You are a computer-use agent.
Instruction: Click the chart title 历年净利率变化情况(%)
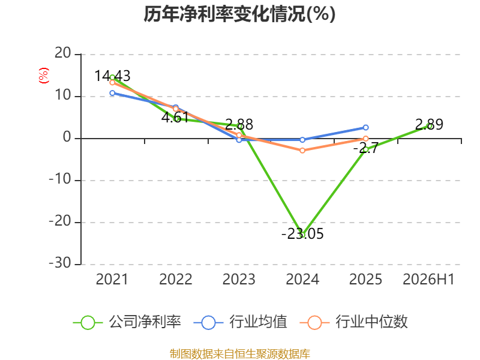point(239,14)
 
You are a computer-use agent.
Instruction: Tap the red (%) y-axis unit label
point(43,76)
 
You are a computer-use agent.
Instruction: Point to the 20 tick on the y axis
point(63,53)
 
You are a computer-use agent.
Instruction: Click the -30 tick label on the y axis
point(60,263)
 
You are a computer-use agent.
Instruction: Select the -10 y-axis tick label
point(60,179)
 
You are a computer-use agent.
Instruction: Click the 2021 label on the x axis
point(112,280)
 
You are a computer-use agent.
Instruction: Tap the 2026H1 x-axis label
point(428,280)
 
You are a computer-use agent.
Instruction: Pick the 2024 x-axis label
point(302,280)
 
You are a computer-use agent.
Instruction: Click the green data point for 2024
point(302,235)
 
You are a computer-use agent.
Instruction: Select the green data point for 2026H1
point(430,126)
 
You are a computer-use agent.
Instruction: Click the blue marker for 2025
point(366,127)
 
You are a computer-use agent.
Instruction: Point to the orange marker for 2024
point(302,151)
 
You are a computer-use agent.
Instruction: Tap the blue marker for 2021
point(112,93)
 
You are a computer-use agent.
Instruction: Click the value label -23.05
point(302,234)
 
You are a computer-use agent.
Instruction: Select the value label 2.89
point(429,125)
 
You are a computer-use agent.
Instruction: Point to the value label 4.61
point(175,118)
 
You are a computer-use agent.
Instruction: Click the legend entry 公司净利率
point(127,322)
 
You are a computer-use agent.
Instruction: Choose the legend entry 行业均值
point(241,322)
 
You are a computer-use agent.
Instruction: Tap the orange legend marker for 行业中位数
point(314,323)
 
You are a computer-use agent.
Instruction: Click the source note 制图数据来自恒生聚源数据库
point(239,354)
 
